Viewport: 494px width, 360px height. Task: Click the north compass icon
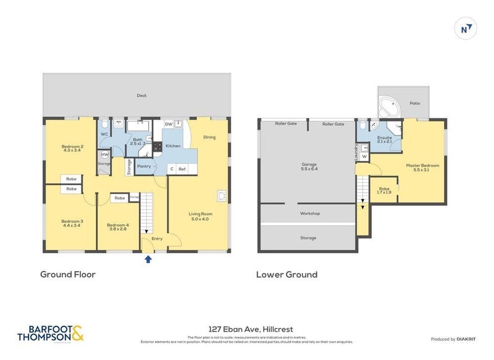[466, 28]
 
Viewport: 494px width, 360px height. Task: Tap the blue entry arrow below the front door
[147, 259]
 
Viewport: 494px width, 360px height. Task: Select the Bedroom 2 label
[72, 148]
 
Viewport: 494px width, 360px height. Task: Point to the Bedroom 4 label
[117, 227]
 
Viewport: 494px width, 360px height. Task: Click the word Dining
[209, 137]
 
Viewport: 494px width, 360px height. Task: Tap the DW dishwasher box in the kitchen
[169, 124]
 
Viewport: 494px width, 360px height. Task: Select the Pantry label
[144, 165]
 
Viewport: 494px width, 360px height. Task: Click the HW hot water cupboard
[105, 154]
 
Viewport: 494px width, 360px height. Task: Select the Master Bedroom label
[422, 167]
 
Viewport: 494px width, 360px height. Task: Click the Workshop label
[309, 213]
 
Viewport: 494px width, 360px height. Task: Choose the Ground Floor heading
[68, 274]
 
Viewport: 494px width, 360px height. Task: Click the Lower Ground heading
[287, 274]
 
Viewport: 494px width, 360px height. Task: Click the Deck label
[141, 96]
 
